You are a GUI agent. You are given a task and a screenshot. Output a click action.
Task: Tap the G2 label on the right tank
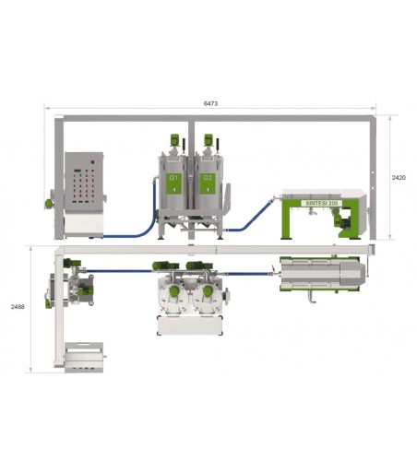click(208, 174)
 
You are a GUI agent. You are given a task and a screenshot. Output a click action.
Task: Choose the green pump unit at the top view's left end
click(81, 287)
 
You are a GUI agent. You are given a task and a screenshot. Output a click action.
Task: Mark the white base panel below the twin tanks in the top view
click(192, 324)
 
